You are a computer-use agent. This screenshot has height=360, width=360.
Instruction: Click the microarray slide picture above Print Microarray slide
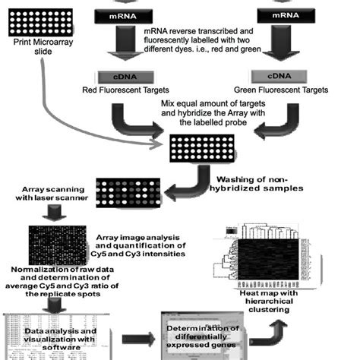point(43,23)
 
